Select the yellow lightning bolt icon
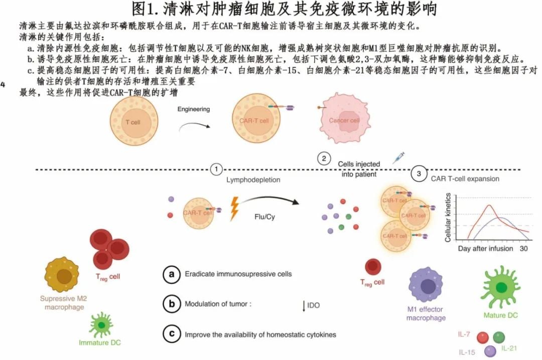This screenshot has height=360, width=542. tap(234, 209)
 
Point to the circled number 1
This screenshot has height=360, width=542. tap(216, 169)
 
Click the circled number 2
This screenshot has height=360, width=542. tap(324, 159)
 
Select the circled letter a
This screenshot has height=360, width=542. tap(171, 274)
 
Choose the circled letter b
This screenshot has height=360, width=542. tap(171, 304)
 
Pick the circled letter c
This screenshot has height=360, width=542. tap(171, 333)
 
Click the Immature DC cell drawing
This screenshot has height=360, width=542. tap(101, 325)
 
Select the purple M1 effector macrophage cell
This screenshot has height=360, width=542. tap(427, 286)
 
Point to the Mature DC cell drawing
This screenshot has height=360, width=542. tap(500, 286)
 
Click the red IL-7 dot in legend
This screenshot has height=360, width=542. tap(483, 338)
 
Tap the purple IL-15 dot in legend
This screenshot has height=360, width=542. tap(490, 352)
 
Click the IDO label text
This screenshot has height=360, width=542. tap(314, 304)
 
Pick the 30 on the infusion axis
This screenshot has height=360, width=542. tap(523, 249)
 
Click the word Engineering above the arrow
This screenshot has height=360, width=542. tap(194, 109)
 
